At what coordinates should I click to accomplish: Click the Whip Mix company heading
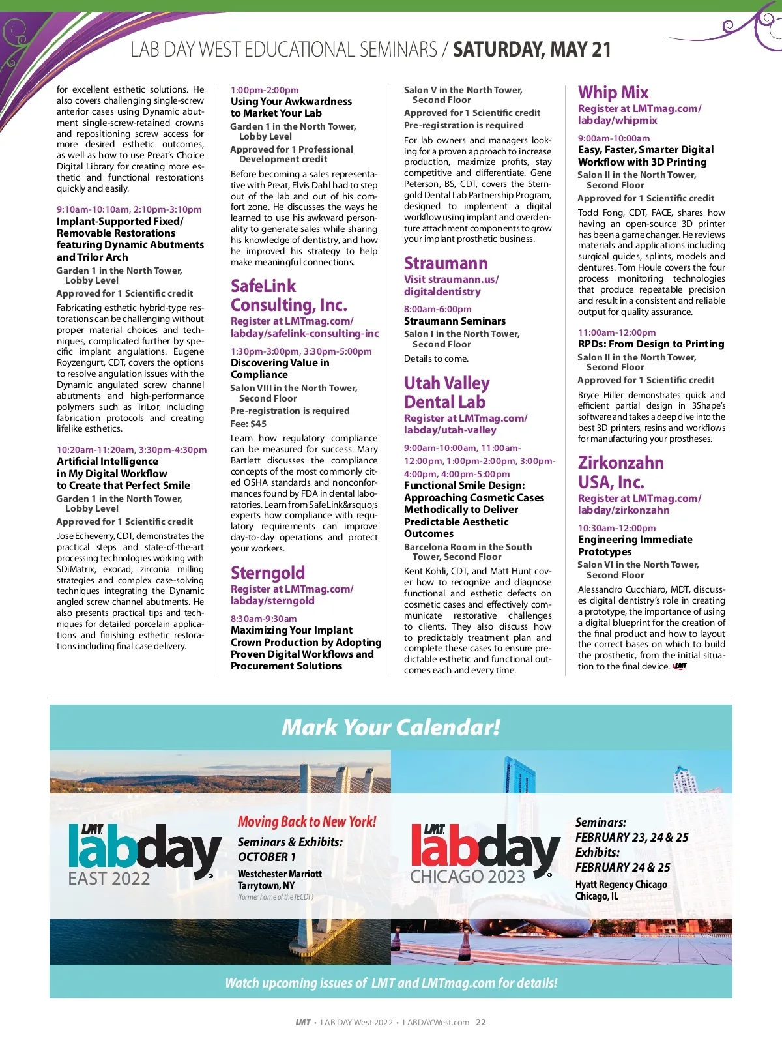(613, 93)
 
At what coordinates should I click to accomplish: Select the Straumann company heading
(446, 263)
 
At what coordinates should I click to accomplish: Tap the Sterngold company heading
(268, 573)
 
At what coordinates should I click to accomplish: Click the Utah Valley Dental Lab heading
(446, 392)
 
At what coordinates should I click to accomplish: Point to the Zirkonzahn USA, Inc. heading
(620, 472)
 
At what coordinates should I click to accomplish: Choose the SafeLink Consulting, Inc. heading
(289, 295)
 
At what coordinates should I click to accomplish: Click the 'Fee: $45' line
(248, 424)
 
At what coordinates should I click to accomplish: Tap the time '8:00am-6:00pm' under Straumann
(437, 309)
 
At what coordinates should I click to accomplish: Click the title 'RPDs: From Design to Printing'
(650, 344)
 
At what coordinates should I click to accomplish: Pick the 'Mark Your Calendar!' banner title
(391, 727)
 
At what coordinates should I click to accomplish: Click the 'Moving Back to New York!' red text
(307, 822)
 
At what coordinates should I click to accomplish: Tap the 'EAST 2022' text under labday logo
(109, 879)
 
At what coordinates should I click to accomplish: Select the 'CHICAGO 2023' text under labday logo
(467, 877)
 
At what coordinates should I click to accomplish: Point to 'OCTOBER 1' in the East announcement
(267, 857)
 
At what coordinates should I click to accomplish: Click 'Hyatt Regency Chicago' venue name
(621, 885)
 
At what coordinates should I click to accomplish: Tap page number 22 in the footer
(481, 1022)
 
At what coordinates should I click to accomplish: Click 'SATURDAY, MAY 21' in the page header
(532, 50)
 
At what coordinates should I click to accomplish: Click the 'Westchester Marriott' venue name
(280, 874)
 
